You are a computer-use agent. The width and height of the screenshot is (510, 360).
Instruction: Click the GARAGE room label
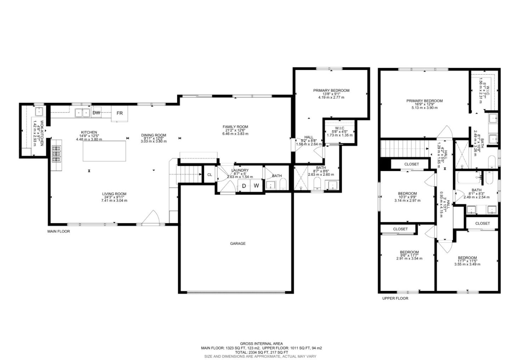point(238,244)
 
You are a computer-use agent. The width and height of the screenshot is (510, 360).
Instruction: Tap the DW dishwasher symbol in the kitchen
point(96,113)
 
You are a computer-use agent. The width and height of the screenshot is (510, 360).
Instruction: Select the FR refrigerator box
point(120,113)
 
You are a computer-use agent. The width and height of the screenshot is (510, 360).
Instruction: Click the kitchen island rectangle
point(104,151)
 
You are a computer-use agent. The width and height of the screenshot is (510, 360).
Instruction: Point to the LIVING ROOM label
point(114,194)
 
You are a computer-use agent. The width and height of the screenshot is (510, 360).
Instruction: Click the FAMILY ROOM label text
point(235,127)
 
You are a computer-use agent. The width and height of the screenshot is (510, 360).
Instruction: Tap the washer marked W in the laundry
point(256,185)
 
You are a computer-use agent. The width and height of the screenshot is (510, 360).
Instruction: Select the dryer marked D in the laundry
point(244,185)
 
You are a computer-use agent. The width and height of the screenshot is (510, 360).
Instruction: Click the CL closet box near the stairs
point(209,175)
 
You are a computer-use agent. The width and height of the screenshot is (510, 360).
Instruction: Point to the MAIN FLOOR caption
point(59,232)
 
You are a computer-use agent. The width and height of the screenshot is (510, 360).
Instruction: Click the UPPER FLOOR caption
point(395,298)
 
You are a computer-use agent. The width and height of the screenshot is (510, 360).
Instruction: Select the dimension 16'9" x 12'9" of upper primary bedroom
point(424,104)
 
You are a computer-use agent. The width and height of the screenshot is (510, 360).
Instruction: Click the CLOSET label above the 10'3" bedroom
point(412,164)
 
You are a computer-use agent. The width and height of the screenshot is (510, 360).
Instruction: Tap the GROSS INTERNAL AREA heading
point(261,343)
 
